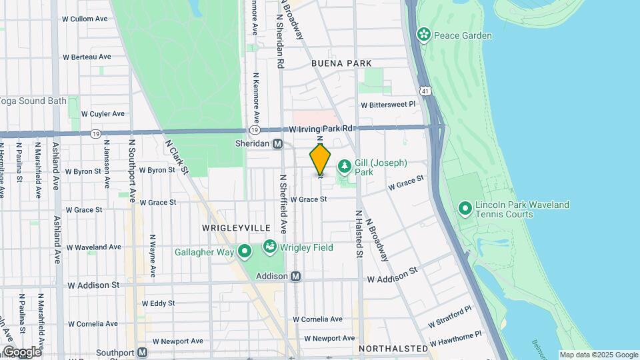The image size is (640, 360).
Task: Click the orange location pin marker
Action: [x=321, y=159]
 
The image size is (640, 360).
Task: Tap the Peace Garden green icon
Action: [x=423, y=35]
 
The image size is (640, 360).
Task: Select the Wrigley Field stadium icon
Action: [x=270, y=247]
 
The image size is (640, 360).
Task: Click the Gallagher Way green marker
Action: [x=245, y=252]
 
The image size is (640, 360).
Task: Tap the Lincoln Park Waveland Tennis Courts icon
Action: [x=465, y=209]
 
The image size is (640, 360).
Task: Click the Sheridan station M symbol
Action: [x=278, y=143]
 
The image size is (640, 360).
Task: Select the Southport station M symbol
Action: [x=142, y=353]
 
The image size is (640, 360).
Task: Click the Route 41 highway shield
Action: [x=425, y=89]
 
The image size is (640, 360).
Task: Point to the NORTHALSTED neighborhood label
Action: [x=393, y=349]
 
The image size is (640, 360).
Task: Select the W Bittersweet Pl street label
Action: [x=388, y=105]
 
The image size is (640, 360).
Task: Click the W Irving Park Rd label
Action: [x=321, y=127]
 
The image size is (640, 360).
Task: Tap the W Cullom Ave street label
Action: [x=84, y=19]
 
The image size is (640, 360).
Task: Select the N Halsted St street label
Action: [x=358, y=234]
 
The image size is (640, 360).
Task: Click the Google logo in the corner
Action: [x=21, y=351]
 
